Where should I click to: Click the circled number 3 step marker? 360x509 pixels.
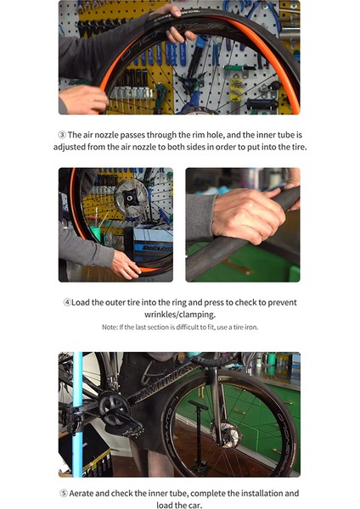tap(62, 135)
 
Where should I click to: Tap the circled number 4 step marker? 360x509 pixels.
tap(67, 303)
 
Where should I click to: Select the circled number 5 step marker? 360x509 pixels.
tap(64, 494)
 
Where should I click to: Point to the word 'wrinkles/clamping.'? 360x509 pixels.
tap(180, 315)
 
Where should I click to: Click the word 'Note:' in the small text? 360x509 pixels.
tap(110, 327)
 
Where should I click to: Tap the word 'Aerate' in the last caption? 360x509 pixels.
tap(82, 494)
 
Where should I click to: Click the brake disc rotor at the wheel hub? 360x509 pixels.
tap(132, 198)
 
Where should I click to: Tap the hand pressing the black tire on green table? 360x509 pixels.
tap(249, 215)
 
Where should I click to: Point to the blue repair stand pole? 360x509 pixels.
tap(77, 415)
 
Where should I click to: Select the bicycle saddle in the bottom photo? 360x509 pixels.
tap(213, 360)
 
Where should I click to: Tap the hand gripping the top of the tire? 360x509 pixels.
tap(172, 23)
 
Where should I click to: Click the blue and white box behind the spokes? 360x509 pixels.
tap(153, 243)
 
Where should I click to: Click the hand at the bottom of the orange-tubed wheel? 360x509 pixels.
tap(125, 266)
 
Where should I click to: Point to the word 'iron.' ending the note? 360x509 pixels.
tap(251, 327)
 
